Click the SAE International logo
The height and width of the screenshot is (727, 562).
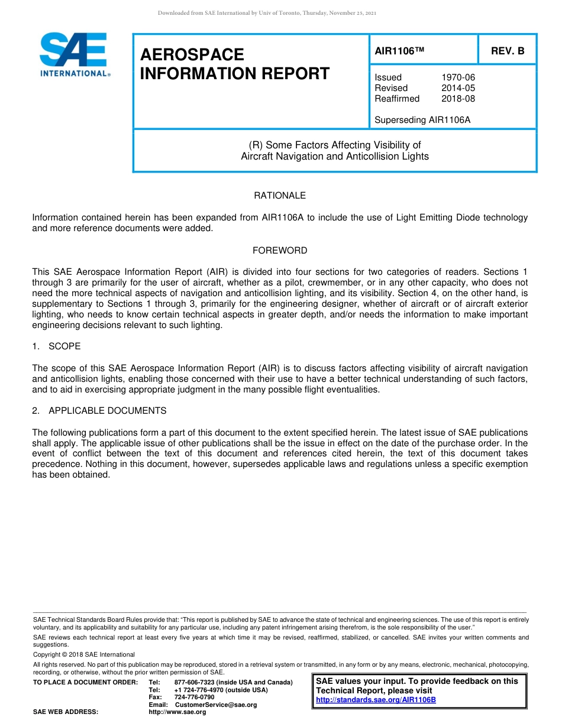[74, 54]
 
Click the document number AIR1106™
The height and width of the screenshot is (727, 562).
[400, 51]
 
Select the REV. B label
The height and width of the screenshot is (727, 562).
[508, 51]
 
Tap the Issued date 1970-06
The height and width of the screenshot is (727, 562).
[458, 77]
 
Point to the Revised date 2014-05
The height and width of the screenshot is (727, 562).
[458, 88]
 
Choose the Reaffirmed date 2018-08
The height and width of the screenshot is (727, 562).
[458, 99]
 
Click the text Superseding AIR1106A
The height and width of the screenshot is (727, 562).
[422, 120]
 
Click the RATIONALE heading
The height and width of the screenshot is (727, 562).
[280, 196]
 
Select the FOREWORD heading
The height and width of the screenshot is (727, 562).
[280, 251]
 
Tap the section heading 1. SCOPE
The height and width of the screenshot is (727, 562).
[57, 346]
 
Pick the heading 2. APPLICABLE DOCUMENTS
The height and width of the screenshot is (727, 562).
[99, 411]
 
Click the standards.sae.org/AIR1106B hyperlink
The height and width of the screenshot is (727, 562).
[376, 700]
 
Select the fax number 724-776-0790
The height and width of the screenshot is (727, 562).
[194, 697]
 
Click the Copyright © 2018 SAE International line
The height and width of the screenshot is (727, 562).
[84, 654]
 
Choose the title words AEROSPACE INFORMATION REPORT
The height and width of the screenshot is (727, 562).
[234, 64]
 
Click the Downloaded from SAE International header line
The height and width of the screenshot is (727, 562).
[267, 13]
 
